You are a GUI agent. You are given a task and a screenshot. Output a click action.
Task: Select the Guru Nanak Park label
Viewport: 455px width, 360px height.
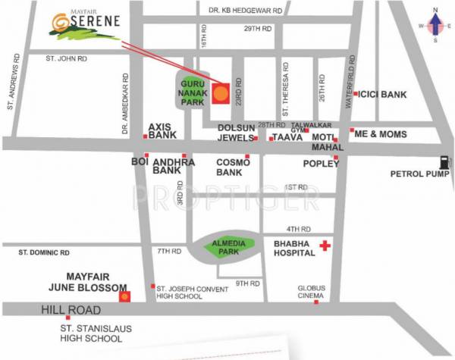(x=191, y=95)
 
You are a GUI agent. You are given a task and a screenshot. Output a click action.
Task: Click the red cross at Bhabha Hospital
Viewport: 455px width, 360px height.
(x=325, y=246)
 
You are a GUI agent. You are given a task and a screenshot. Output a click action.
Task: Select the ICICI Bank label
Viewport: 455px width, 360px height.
(x=383, y=95)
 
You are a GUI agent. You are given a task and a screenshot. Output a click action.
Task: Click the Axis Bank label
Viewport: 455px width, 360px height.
(x=162, y=131)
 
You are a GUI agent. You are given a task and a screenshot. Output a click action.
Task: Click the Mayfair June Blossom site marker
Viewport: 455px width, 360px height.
(x=126, y=296)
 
